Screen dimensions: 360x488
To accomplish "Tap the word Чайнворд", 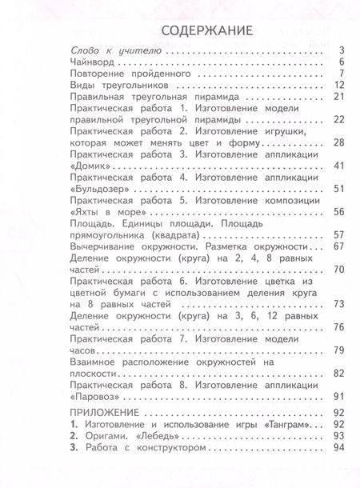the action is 97,61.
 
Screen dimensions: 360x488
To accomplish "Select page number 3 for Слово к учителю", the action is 318,50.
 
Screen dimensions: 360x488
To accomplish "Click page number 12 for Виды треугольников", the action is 316,85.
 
